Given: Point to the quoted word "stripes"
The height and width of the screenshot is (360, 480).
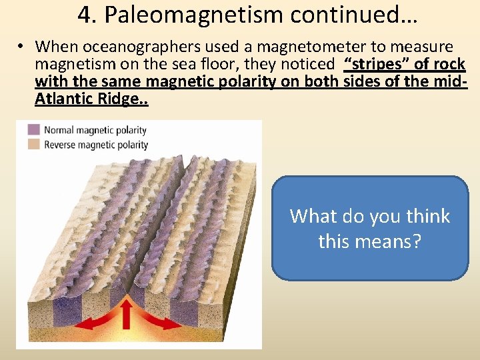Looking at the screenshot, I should pyautogui.click(x=372, y=64).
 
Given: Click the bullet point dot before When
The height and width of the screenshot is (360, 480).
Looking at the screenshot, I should pyautogui.click(x=22, y=47).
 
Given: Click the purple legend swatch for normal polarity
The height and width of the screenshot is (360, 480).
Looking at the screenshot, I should pyautogui.click(x=33, y=130).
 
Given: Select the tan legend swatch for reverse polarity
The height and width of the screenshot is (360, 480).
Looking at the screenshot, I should pyautogui.click(x=33, y=145).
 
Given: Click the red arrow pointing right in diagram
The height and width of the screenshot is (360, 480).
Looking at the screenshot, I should pyautogui.click(x=164, y=323).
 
